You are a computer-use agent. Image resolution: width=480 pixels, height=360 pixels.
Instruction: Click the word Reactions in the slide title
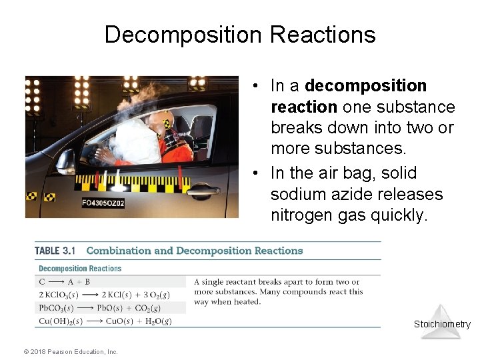tap(333, 35)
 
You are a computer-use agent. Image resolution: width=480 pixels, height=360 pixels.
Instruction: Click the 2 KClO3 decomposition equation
tap(103, 295)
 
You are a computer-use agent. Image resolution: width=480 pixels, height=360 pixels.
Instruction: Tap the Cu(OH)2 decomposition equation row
tap(104, 321)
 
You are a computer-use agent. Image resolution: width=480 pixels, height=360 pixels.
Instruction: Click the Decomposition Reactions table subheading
tap(80, 269)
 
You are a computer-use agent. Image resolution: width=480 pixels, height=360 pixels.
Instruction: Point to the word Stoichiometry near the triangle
tap(442, 325)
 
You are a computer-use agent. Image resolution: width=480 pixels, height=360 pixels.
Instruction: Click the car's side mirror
tap(65, 161)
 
